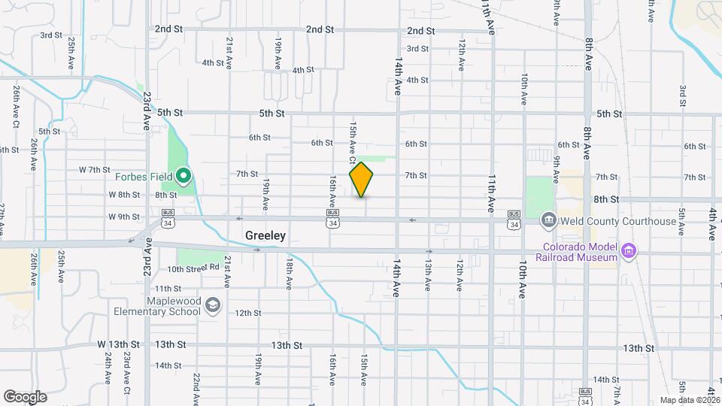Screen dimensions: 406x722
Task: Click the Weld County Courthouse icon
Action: coord(549,220)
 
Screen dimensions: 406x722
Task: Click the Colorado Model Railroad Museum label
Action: coord(577,251)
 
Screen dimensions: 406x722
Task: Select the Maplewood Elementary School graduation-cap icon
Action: coord(213,304)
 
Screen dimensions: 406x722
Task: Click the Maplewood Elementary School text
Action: coord(157,305)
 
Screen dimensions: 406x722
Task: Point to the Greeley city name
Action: coord(265,235)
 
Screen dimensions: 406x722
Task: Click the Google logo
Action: coord(25,396)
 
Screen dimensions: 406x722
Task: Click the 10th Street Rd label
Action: coord(193,268)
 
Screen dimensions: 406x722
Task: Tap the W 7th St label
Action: coord(94,170)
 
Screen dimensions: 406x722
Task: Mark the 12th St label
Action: coord(248,313)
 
